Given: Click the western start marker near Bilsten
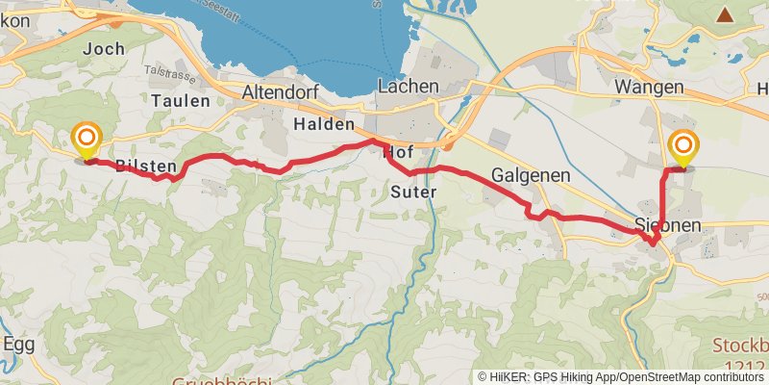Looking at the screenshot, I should [87, 141].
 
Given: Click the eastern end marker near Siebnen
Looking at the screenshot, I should [683, 147].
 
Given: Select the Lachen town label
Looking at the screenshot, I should [409, 87].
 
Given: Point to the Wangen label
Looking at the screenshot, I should [649, 88].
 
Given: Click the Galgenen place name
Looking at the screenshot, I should [531, 176].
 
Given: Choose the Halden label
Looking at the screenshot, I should [325, 126].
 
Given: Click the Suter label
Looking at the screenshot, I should [415, 192].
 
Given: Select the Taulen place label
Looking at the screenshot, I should [180, 100].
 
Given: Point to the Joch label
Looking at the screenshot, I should [105, 48].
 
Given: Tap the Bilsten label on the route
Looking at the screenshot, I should [144, 167].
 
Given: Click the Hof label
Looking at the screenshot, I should [399, 153].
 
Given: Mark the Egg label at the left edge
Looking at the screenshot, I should [18, 344].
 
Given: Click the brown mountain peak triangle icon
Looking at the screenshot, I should [724, 14].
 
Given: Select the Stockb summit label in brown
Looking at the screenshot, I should [740, 346].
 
